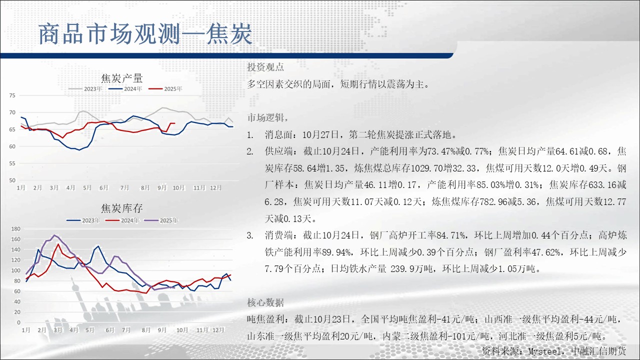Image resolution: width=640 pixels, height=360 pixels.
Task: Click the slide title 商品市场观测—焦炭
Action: coord(145,34)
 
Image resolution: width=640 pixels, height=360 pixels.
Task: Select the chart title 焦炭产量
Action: coord(122,78)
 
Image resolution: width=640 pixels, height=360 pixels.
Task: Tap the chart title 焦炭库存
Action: coord(122,208)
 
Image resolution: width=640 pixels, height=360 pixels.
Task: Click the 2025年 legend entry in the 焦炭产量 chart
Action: coord(165,89)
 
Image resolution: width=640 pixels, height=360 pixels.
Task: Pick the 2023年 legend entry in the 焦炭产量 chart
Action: coord(85,89)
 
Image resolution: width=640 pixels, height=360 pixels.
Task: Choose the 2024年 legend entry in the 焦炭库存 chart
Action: coord(122,220)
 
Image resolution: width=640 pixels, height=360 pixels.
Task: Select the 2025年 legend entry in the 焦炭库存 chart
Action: coord(161,220)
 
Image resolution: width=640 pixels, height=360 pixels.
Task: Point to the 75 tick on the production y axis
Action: coord(12,95)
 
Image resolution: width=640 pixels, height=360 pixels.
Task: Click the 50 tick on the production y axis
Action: coord(12,180)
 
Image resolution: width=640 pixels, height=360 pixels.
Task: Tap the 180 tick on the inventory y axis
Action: coord(15,229)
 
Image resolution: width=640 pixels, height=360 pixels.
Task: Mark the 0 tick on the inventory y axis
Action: coord(19,322)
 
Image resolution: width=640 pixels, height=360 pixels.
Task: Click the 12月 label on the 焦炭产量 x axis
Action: coord(215,187)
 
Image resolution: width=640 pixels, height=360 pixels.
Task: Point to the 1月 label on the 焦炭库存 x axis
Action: coord(26,330)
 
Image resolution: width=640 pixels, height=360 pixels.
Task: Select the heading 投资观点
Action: coord(265,67)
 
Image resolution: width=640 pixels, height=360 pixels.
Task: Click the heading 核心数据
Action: coord(265,302)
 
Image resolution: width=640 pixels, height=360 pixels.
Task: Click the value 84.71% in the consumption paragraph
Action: coord(451,235)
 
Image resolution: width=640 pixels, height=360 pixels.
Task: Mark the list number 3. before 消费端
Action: coord(250,235)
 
